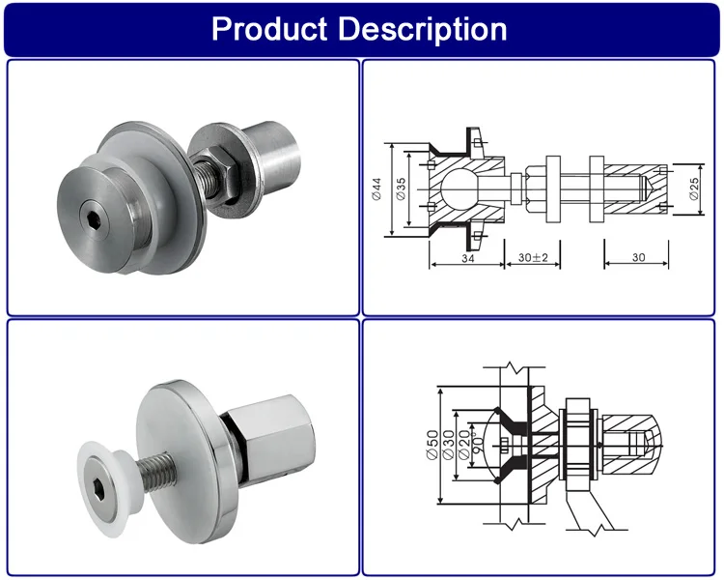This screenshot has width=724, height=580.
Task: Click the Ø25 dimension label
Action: pyautogui.click(x=693, y=188)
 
